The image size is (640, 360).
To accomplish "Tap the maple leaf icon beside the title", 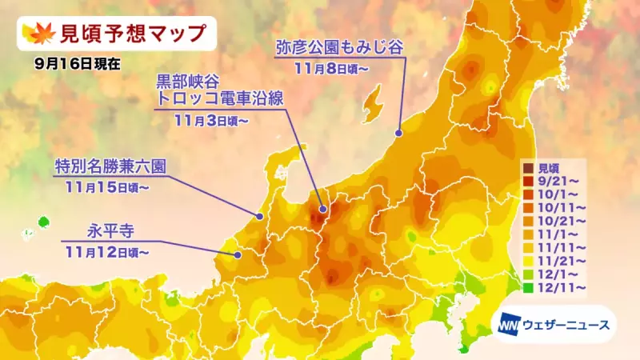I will [38, 34].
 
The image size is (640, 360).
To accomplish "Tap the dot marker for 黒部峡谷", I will [322, 210].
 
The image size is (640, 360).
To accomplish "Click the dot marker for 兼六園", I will [260, 217].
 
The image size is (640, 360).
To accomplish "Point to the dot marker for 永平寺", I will [238, 254].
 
